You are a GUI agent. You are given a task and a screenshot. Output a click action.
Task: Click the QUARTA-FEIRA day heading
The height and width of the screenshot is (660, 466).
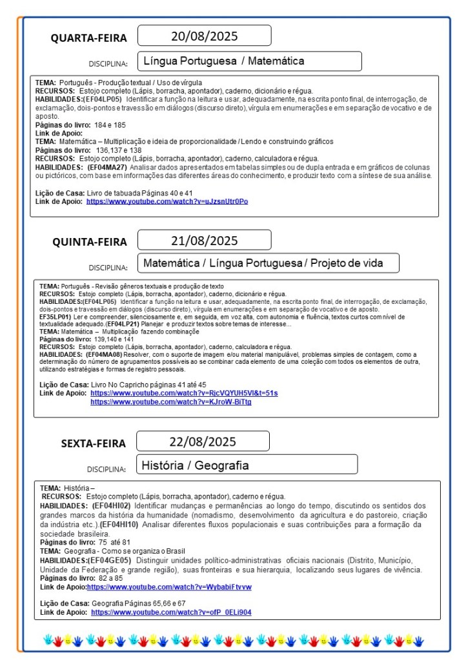89,38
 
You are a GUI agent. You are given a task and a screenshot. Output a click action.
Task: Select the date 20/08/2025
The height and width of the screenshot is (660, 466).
204,35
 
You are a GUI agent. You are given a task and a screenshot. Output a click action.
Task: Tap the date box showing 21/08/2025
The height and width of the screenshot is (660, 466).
204,241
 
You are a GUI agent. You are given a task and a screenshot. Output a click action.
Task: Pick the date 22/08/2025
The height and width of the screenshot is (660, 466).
203,441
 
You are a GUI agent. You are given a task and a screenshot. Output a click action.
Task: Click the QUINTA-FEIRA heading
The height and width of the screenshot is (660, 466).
90,243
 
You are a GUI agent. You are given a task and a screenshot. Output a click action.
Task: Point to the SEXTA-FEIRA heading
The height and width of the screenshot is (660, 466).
94,443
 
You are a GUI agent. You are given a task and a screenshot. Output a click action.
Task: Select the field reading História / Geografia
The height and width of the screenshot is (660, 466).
247,465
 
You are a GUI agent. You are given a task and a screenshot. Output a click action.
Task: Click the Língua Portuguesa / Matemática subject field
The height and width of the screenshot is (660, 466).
249,61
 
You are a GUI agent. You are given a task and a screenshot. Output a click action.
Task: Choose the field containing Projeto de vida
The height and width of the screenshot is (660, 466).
268,263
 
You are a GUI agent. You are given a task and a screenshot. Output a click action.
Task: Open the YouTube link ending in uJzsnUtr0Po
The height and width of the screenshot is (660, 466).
167,201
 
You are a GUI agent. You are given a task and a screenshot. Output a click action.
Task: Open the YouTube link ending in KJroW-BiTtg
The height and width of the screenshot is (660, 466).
170,402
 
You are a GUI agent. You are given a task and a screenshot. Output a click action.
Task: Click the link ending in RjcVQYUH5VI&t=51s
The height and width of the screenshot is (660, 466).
184,393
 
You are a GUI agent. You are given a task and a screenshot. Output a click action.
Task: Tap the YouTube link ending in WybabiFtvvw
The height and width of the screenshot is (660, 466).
169,587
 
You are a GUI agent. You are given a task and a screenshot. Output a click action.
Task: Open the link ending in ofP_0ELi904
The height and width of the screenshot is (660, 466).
171,612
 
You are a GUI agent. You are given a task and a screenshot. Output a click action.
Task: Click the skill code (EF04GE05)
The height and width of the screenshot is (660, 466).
111,560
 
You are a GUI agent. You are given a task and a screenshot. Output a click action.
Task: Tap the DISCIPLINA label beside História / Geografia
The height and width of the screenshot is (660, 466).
106,469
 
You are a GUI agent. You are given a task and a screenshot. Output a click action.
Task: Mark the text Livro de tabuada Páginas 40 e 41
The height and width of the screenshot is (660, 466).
139,193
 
